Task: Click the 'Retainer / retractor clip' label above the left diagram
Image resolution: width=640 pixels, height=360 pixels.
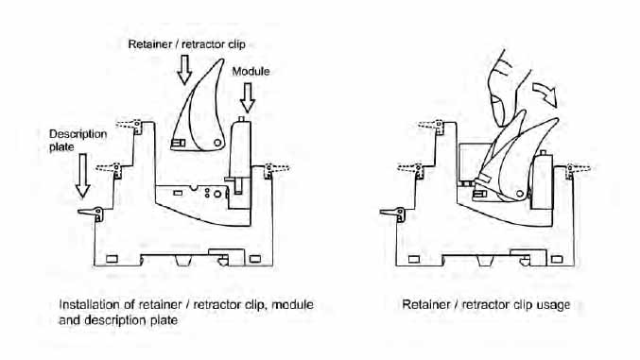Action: point(186,44)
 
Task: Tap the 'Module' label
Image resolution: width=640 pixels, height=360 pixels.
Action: point(251,72)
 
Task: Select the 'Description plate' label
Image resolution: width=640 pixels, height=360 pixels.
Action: point(78,140)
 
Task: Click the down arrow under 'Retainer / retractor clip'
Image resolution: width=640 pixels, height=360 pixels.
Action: point(184,70)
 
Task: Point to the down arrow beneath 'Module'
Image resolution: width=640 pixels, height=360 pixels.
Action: point(248,98)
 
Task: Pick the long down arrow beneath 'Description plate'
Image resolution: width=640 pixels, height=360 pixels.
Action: point(83,176)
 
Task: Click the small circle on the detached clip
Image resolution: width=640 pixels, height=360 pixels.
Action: point(217,143)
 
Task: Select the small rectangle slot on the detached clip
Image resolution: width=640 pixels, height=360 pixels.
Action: point(178,144)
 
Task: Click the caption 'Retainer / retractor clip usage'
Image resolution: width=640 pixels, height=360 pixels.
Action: point(486,305)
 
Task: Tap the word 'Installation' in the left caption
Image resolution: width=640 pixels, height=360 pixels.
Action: point(85,305)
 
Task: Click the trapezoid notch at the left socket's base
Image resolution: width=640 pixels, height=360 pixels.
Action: point(184,260)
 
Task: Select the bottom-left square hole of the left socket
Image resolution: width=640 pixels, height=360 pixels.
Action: point(112,259)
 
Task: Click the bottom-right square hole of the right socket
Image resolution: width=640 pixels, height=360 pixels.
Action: point(557,259)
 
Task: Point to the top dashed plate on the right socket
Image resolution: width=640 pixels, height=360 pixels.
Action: point(431,125)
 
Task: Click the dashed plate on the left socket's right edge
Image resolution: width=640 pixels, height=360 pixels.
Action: point(277,168)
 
